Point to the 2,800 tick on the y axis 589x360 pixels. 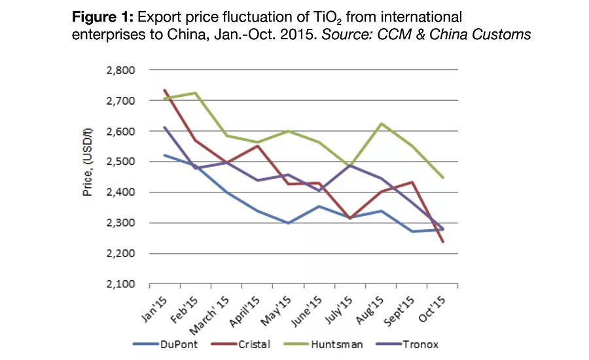coord(120,70)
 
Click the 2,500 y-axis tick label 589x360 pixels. coord(120,162)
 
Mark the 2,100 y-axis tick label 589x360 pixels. coord(120,284)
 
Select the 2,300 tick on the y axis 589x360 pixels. coord(120,223)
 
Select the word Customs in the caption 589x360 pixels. coord(506,35)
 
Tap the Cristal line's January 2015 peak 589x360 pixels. coord(165,90)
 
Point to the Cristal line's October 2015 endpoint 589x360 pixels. coord(443,242)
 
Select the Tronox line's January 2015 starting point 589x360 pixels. coord(165,127)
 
